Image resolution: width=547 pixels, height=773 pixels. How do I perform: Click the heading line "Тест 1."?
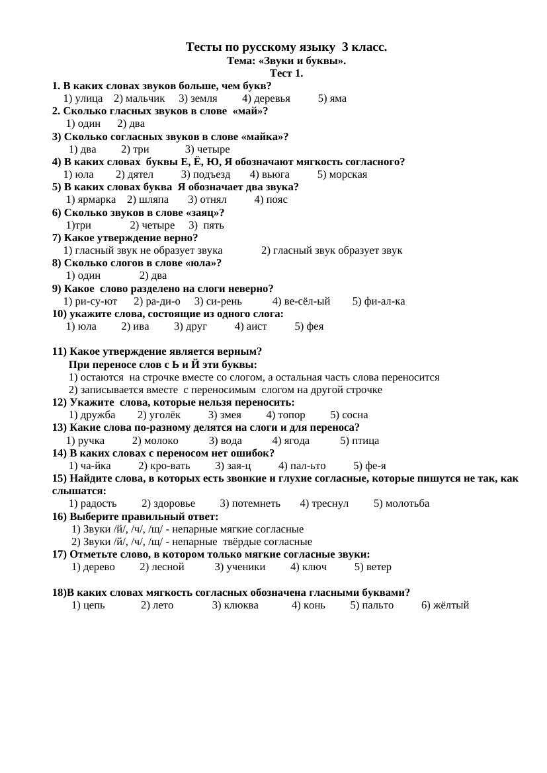tap(286, 73)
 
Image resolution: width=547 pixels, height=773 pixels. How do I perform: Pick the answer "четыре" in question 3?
tap(212, 149)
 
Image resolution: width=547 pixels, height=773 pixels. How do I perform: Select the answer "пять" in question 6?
tap(214, 225)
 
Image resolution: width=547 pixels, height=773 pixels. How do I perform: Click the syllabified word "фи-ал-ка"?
tap(384, 301)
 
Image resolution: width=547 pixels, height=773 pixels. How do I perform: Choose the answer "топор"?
tap(291, 415)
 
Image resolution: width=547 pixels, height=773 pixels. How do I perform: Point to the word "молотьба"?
tap(407, 503)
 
